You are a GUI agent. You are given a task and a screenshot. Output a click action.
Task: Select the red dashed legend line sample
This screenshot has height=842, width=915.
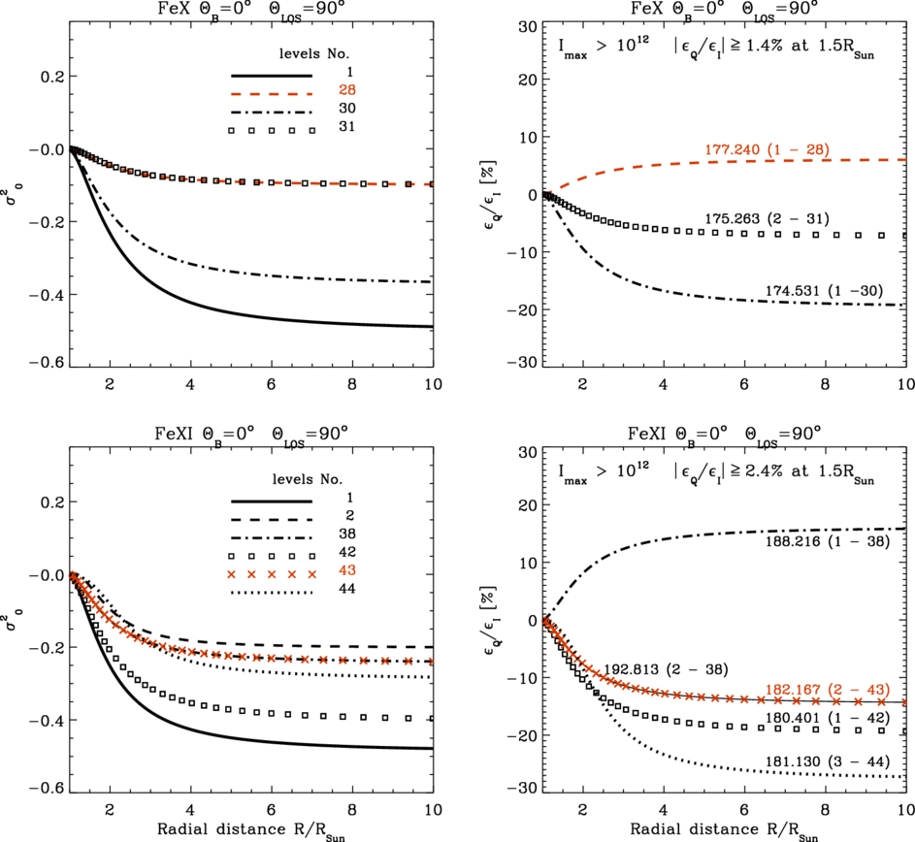point(271,93)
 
